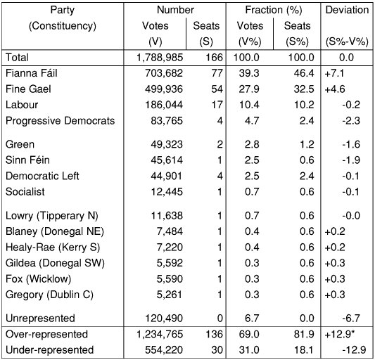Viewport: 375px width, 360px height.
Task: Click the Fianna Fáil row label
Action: click(x=32, y=73)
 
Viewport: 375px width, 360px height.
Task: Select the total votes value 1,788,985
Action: click(x=160, y=58)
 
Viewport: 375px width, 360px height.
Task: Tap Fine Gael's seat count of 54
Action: click(x=217, y=89)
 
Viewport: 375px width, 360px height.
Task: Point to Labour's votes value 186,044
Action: click(x=164, y=105)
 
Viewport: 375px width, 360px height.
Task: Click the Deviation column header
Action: click(x=347, y=10)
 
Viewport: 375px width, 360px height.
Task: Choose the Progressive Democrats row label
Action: click(x=60, y=121)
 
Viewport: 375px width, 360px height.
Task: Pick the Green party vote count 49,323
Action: click(x=167, y=144)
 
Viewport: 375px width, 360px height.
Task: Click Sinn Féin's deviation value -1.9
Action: click(x=351, y=160)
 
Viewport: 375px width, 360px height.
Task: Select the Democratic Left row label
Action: click(x=42, y=176)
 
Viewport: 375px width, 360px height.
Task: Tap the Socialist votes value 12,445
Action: click(x=167, y=192)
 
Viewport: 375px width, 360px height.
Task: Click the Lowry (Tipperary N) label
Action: click(x=51, y=216)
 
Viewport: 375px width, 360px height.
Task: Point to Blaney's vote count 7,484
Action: click(x=170, y=231)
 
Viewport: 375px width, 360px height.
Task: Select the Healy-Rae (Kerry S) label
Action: click(x=53, y=247)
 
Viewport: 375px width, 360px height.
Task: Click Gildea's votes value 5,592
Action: click(x=170, y=263)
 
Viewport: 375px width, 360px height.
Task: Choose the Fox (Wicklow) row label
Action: click(x=38, y=279)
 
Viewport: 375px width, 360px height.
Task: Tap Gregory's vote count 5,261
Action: click(x=170, y=295)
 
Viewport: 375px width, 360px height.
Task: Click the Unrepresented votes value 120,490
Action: click(x=164, y=319)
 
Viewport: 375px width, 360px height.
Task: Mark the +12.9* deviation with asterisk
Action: click(x=339, y=334)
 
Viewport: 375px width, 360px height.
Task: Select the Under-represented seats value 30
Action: click(x=217, y=350)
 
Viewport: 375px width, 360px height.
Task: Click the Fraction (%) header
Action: click(x=274, y=10)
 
